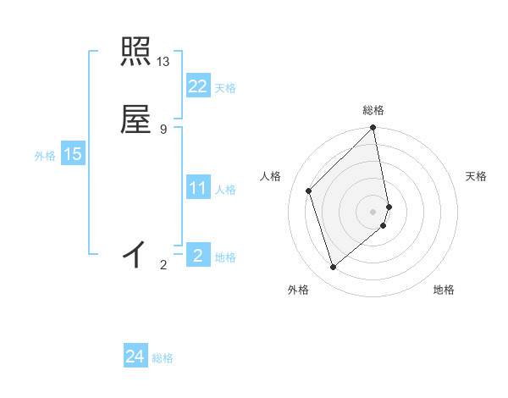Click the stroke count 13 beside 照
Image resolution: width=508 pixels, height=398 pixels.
163,62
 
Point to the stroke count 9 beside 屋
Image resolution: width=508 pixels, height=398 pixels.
163,129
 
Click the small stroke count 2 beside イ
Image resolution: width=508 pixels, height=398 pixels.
163,265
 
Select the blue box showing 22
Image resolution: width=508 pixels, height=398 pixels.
197,86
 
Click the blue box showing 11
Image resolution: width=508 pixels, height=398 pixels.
197,188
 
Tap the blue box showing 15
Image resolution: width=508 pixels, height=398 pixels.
73,154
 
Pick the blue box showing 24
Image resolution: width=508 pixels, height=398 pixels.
135,357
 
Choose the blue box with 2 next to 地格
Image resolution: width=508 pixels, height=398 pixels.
197,255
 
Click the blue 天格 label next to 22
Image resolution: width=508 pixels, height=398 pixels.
225,88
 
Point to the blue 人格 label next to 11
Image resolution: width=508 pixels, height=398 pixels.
225,190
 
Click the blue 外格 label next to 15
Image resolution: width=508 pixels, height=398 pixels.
45,156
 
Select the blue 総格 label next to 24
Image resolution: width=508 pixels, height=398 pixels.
163,358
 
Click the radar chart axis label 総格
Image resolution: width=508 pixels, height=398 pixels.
373,110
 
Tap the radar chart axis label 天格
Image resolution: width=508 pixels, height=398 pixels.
477,176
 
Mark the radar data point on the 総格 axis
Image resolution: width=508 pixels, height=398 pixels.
373,128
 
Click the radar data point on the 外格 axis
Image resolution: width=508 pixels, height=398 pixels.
333,268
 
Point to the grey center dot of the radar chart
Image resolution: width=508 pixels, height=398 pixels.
373,211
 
